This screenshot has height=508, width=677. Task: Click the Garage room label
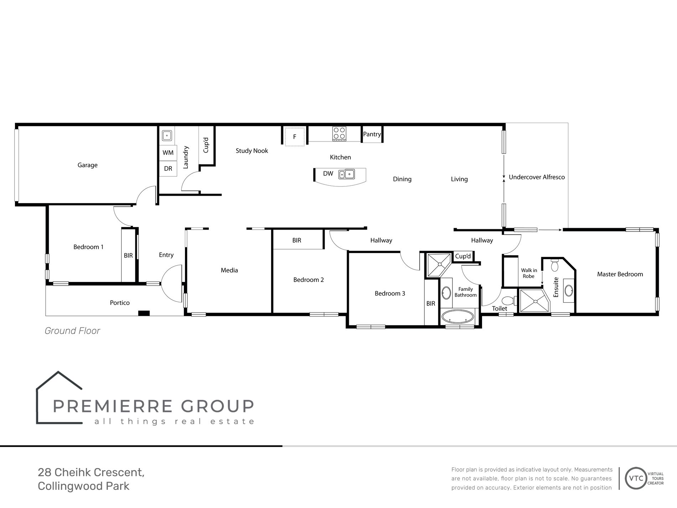pos(87,165)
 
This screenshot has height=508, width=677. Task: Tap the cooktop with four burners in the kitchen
pos(339,133)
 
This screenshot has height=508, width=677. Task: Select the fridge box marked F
pos(295,137)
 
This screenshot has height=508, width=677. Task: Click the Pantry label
pos(372,134)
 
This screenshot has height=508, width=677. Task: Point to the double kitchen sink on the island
pos(347,174)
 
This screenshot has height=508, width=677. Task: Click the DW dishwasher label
pos(328,174)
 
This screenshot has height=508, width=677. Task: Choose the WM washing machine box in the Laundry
pos(168,153)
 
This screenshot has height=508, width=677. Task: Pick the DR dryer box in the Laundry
pos(168,169)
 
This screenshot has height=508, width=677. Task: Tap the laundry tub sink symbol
pos(167,135)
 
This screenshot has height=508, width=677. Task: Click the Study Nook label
pos(252,151)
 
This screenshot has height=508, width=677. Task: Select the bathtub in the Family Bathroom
pos(458,316)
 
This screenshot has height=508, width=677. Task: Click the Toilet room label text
pos(499,309)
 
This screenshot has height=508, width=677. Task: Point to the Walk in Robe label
pos(529,273)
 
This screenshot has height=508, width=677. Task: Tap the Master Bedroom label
pos(620,274)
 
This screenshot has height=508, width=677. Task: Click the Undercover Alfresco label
pos(537,177)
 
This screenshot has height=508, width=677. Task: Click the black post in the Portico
pos(144,313)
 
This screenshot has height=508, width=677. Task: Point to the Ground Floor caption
pos(72,331)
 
